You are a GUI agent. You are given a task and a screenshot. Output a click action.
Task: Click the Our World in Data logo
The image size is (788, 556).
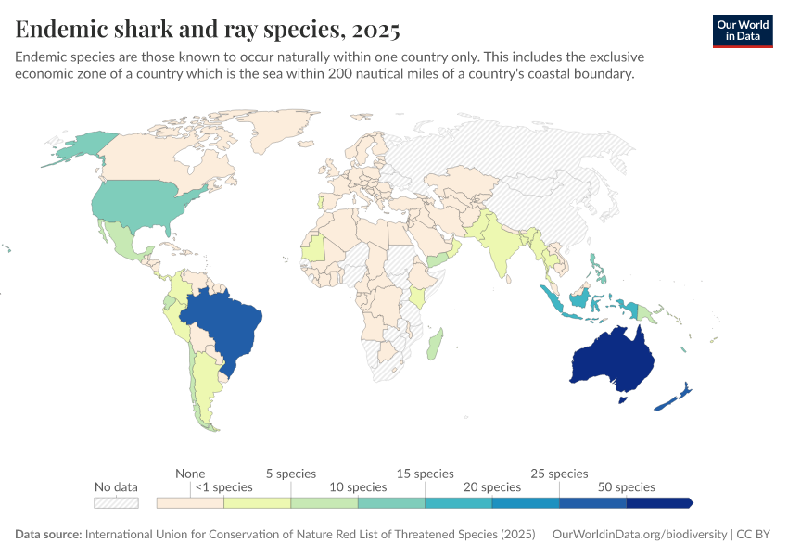[x=742, y=31]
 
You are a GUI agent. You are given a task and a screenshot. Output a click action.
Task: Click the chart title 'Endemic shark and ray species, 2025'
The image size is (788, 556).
[x=208, y=30]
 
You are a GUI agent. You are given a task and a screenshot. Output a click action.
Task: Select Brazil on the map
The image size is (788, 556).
[x=227, y=329]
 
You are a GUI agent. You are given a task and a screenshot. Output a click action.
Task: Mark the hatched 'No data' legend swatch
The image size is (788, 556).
[x=116, y=502]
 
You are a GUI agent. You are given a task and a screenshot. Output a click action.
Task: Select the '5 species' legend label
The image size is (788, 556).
[x=290, y=474]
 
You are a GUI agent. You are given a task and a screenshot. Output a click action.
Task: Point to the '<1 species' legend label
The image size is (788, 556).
[x=223, y=486]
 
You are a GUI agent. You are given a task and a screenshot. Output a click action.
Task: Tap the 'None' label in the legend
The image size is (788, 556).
[x=190, y=474]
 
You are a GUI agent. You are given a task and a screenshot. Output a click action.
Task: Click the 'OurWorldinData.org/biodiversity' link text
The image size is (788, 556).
[x=639, y=535]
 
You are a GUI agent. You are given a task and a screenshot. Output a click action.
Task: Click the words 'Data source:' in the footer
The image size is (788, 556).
[x=48, y=535]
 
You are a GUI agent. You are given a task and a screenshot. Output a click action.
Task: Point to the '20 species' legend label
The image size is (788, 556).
[x=491, y=486]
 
